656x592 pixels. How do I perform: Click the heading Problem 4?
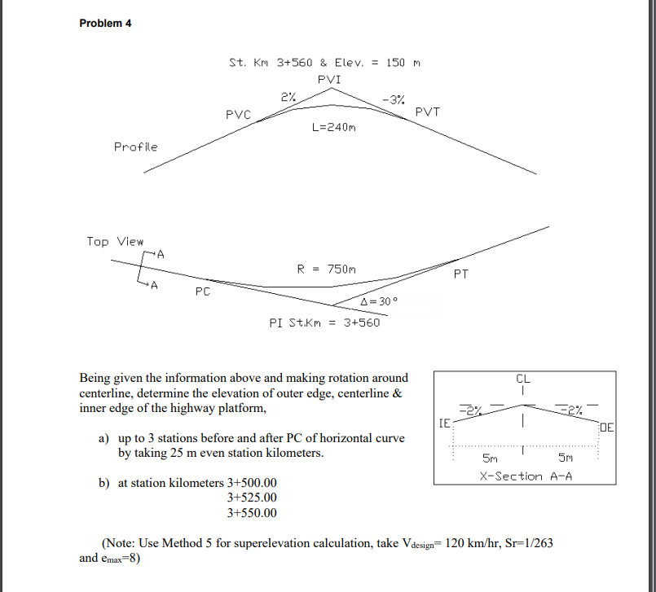[x=105, y=23]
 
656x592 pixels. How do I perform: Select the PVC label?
[x=238, y=114]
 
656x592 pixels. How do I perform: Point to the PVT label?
[x=427, y=112]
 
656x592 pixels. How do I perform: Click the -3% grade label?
[x=393, y=100]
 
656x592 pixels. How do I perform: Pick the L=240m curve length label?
[x=334, y=128]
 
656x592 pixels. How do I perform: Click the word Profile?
[x=135, y=147]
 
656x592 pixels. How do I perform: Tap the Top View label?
[x=115, y=241]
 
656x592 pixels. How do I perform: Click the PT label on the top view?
[x=460, y=274]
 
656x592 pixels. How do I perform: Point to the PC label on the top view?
[x=203, y=291]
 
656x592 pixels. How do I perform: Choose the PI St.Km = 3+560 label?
[x=324, y=322]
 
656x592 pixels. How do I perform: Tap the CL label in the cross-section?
[x=522, y=379]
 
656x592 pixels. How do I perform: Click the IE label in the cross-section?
[x=444, y=424]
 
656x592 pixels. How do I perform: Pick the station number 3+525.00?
[x=252, y=498]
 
